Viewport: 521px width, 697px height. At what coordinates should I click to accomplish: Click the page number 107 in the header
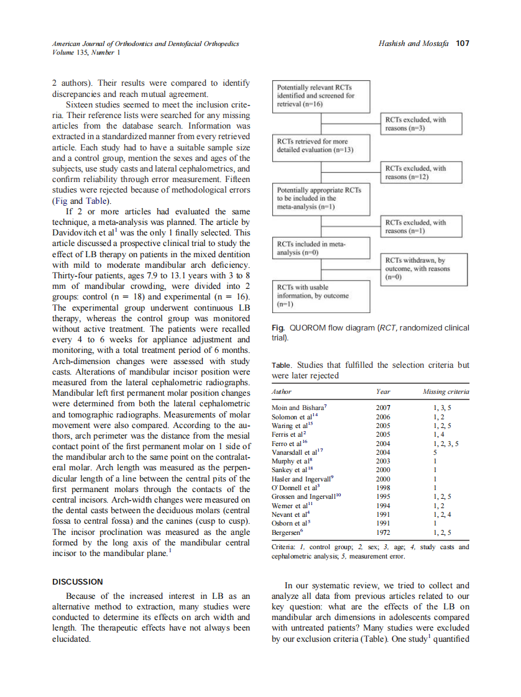click(x=462, y=43)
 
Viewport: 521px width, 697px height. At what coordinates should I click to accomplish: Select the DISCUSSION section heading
click(x=77, y=581)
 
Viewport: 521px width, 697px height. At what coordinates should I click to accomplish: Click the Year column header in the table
click(x=383, y=392)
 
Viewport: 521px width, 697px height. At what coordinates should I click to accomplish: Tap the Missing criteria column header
click(x=445, y=392)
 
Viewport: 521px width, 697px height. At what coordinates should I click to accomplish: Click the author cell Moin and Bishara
click(x=295, y=408)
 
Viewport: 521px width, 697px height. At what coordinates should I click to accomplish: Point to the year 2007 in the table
click(x=383, y=408)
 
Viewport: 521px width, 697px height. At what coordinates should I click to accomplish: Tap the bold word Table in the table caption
click(x=282, y=365)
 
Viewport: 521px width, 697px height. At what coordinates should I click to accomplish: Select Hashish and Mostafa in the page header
click(x=413, y=43)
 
